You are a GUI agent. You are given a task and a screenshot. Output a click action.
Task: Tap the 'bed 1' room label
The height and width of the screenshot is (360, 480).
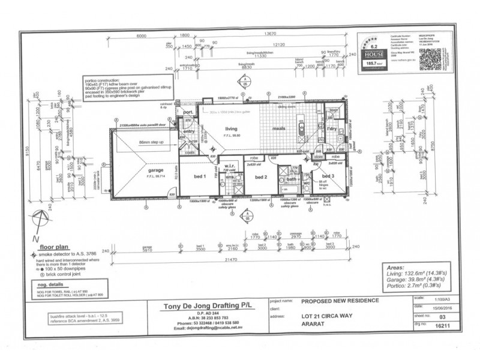pyautogui.click(x=200, y=176)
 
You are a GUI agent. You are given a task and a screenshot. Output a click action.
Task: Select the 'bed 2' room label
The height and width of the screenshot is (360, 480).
pyautogui.click(x=260, y=177)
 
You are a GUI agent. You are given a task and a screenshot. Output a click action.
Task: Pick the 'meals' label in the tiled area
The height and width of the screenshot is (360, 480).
pyautogui.click(x=278, y=128)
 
